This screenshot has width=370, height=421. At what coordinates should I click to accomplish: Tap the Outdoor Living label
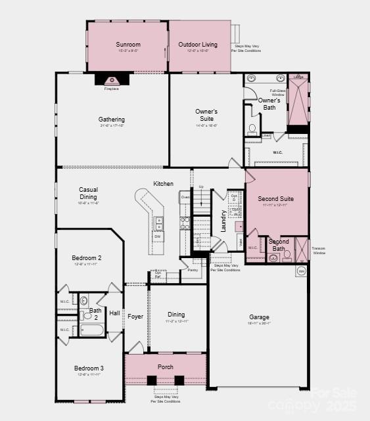point(198,45)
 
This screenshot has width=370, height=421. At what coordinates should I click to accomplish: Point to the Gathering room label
point(112,120)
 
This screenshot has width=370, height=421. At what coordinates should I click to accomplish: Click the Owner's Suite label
point(206,116)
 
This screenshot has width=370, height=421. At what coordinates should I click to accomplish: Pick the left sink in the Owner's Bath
point(250,78)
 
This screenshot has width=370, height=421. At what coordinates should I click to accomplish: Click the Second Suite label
point(275,198)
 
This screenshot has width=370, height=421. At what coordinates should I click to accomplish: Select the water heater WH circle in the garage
point(302,271)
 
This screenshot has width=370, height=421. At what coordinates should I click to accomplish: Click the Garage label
point(259,317)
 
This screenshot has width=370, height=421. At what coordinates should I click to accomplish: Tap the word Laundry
point(223,220)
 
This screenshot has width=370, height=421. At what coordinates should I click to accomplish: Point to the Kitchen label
point(164,183)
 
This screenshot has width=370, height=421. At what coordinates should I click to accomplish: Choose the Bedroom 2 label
point(86,258)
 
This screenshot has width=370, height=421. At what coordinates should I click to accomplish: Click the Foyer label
point(135,317)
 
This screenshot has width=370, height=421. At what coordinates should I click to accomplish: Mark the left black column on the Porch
point(152,380)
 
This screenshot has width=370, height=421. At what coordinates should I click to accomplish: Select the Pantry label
point(193,270)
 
